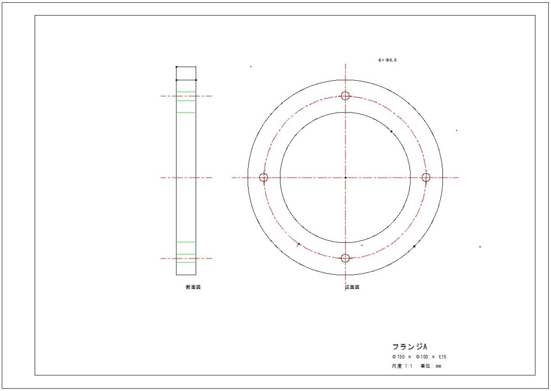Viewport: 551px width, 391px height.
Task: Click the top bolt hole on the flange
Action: click(345, 96)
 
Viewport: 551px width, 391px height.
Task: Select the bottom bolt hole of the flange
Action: click(345, 258)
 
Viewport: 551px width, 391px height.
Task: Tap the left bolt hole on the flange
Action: click(264, 177)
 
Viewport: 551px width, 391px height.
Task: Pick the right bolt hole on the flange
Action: click(426, 177)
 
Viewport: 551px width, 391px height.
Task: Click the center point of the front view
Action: click(345, 177)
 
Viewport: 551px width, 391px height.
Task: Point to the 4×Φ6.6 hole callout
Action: click(387, 60)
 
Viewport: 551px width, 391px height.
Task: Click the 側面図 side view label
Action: click(193, 288)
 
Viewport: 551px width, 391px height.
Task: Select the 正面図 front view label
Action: click(352, 288)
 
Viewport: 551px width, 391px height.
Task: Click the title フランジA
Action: click(409, 346)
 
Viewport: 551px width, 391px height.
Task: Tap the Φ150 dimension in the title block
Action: click(398, 357)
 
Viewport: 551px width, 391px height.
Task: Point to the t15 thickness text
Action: click(442, 357)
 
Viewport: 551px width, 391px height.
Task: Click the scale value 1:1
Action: click(408, 366)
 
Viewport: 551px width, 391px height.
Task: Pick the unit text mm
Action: click(439, 366)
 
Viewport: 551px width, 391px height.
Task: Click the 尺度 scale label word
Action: click(397, 366)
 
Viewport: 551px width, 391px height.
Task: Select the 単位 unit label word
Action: click(425, 366)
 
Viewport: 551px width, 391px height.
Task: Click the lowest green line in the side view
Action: click(186, 262)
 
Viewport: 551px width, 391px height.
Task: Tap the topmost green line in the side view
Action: click(186, 92)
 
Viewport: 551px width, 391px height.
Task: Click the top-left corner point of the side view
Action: click(176, 67)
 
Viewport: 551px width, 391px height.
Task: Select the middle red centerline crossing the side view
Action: click(186, 177)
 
